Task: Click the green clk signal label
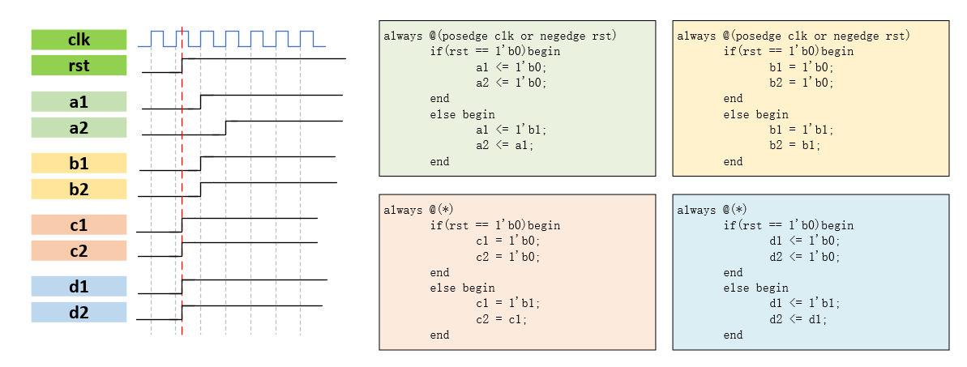click(x=79, y=40)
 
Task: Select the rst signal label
click(x=79, y=65)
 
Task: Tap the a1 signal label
click(x=79, y=101)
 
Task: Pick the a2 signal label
click(x=79, y=127)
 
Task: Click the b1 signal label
click(x=79, y=164)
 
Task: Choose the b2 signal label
click(x=79, y=190)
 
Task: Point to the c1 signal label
click(x=79, y=224)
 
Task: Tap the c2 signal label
click(x=79, y=250)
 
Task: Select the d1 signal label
click(x=79, y=286)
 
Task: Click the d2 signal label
click(x=79, y=312)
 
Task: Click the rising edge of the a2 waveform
click(x=226, y=127)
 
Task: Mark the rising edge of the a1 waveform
click(x=201, y=101)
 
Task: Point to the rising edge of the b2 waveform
click(x=201, y=190)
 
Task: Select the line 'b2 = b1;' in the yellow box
click(x=794, y=146)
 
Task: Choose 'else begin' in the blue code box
click(x=755, y=288)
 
